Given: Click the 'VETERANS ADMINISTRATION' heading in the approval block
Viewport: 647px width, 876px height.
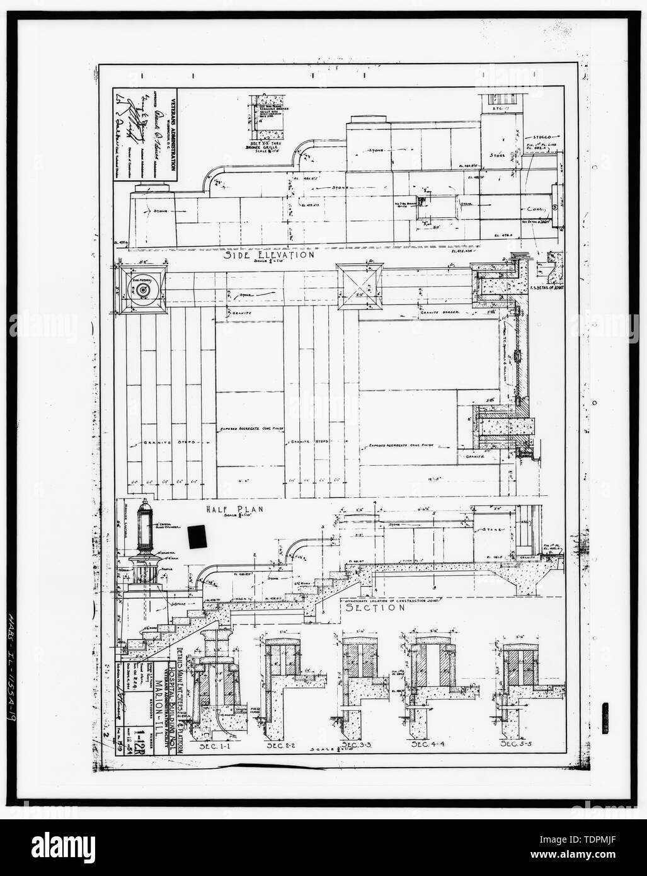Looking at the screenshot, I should point(172,135).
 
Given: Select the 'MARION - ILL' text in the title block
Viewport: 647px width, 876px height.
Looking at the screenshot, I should point(147,730).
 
